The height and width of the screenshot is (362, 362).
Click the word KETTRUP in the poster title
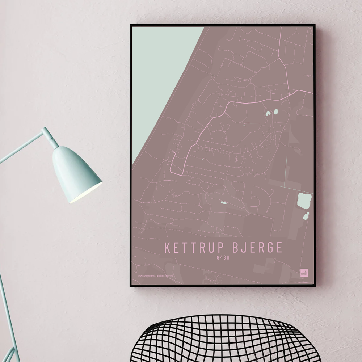193,248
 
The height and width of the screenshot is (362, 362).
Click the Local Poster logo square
304,273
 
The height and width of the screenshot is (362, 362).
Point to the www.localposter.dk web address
146,276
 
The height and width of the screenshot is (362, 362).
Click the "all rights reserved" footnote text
165,276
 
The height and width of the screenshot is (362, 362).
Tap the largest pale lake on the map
304,201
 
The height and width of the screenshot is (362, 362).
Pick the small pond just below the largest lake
306,216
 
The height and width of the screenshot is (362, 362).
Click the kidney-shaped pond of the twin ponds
268,113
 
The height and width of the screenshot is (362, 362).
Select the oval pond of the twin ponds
276,112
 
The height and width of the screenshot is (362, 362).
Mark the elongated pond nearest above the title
223,202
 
